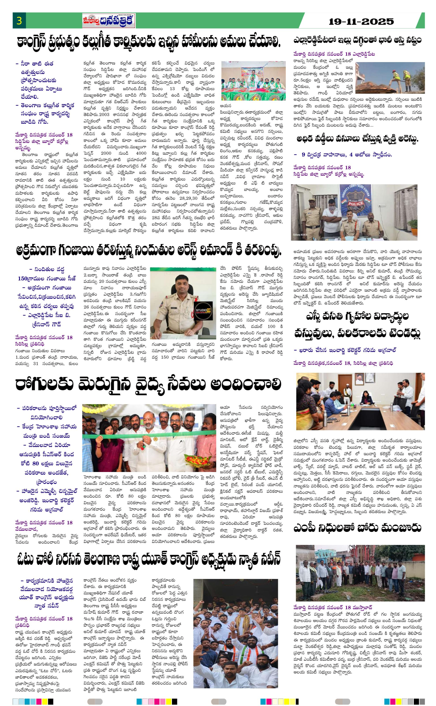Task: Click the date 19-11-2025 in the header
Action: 361,22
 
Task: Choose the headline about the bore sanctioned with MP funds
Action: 358,527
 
